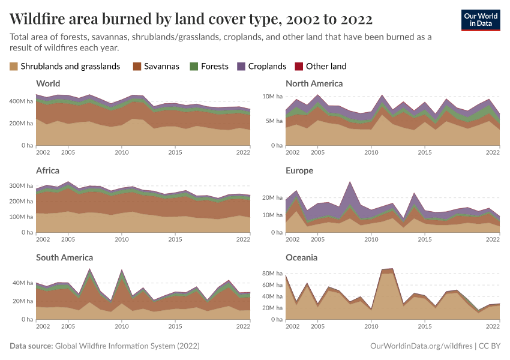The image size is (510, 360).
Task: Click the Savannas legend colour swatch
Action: pyautogui.click(x=136, y=67)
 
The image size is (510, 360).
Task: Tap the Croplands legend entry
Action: pyautogui.click(x=262, y=67)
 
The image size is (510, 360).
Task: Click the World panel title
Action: pyautogui.click(x=48, y=83)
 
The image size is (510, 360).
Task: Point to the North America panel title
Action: pyautogui.click(x=314, y=83)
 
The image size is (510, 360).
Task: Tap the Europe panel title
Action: pyautogui.click(x=299, y=170)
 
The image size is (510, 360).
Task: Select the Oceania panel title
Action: pyautogui.click(x=302, y=257)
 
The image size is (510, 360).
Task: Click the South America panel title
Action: pyautogui.click(x=64, y=257)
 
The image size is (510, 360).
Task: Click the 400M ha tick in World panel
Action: pyautogui.click(x=22, y=101)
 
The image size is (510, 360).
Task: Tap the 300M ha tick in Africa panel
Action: pyautogui.click(x=22, y=186)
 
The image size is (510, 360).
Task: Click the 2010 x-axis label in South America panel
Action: pyautogui.click(x=122, y=325)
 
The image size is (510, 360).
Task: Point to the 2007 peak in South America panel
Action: pyautogui.click(x=89, y=269)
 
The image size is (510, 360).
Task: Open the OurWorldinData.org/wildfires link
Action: pyautogui.click(x=421, y=346)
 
